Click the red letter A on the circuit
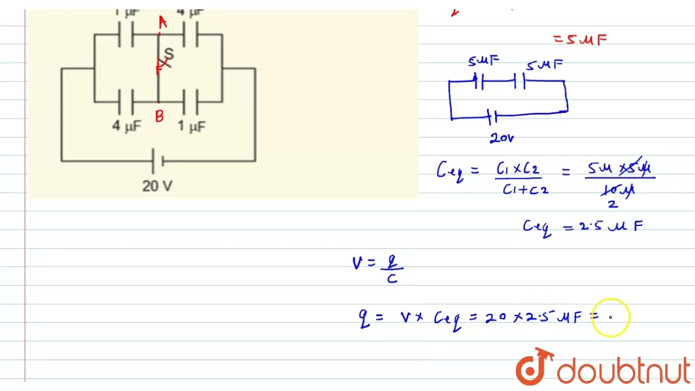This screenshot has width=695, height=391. (x=162, y=22)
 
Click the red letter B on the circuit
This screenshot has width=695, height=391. (x=159, y=116)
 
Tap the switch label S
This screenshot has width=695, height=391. (x=169, y=54)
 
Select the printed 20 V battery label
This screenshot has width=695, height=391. (x=157, y=186)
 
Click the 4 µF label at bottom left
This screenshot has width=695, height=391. (x=126, y=126)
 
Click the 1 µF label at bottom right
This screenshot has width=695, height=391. (x=192, y=127)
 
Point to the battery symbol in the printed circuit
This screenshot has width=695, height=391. (x=158, y=161)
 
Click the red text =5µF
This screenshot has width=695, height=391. (x=580, y=40)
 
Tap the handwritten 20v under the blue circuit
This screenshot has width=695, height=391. (x=501, y=138)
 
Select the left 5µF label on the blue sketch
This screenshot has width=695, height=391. (x=483, y=61)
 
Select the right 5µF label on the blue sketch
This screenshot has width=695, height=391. (x=544, y=65)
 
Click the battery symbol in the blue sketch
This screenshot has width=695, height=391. (x=492, y=116)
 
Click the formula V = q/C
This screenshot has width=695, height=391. (x=378, y=269)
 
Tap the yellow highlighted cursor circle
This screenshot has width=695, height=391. (x=610, y=317)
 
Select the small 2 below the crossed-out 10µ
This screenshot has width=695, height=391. (x=612, y=204)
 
